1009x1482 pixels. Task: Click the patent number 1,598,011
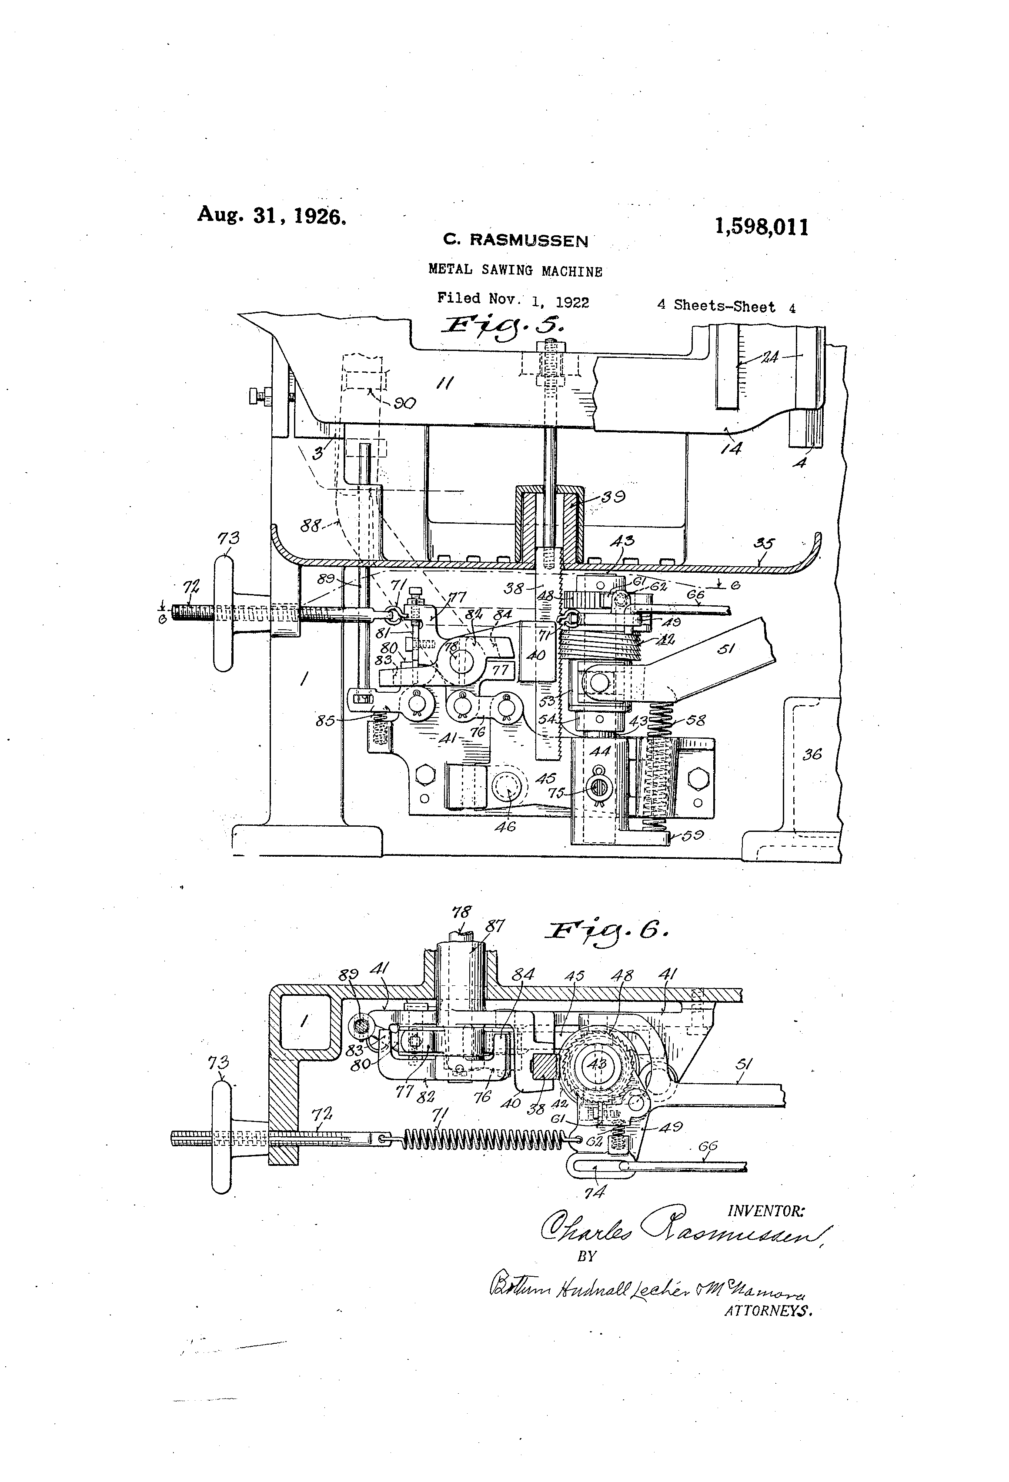761,227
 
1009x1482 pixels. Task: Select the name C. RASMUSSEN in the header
515,240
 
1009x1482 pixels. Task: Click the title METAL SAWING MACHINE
515,270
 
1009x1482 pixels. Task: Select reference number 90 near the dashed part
405,403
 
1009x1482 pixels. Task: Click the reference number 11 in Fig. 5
444,383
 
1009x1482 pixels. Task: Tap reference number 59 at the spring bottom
692,835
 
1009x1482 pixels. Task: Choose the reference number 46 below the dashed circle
505,827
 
